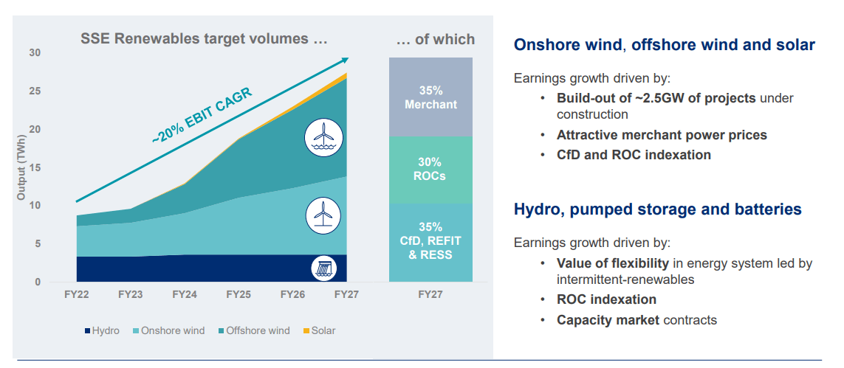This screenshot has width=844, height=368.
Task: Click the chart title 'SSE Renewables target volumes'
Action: tap(203, 39)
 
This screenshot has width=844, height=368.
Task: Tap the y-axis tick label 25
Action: tap(35, 91)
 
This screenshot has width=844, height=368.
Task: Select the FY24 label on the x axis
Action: tap(185, 294)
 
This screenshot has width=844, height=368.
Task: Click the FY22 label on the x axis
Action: tap(76, 294)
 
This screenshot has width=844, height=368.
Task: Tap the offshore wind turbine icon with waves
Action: tap(322, 139)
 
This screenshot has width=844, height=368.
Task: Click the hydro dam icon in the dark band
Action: tap(323, 268)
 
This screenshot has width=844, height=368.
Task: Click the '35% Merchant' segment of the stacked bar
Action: tap(430, 97)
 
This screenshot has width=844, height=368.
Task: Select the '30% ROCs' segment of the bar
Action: tap(430, 169)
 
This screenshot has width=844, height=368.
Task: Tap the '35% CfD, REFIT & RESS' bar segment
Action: tap(430, 241)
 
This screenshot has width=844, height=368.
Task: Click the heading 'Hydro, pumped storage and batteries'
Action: tap(657, 209)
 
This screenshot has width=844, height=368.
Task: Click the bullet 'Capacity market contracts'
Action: tap(637, 320)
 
